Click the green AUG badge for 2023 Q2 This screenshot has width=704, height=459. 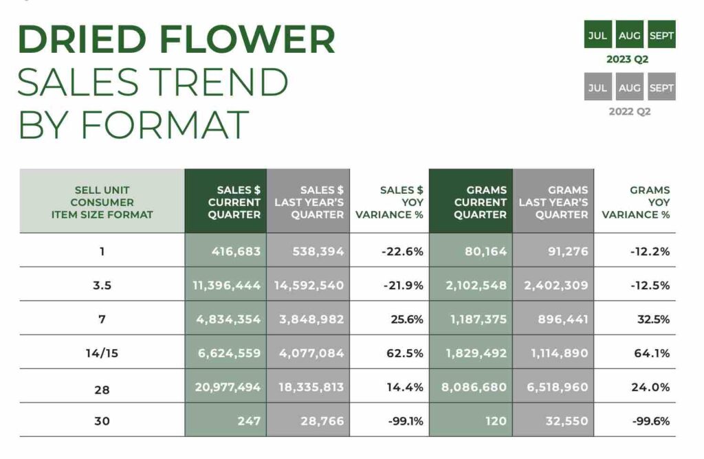630,34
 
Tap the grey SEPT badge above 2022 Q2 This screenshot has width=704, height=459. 662,87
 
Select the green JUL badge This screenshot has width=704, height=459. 597,34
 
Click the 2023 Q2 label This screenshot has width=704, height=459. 627,59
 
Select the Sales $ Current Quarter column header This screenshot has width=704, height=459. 225,201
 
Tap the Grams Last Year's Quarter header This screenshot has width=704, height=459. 553,201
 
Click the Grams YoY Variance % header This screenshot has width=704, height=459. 635,202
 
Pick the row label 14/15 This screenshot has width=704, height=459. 102,354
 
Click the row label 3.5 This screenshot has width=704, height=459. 102,285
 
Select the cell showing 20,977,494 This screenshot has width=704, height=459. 227,388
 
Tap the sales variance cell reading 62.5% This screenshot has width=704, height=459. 404,354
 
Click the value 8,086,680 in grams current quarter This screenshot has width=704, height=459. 474,388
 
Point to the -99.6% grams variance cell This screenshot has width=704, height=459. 650,421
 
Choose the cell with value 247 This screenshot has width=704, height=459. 249,421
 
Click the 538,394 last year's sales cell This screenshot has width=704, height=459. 318,251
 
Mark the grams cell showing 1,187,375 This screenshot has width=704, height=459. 478,320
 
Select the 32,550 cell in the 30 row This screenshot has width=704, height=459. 566,421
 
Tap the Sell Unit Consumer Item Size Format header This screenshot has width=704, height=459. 102,202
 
